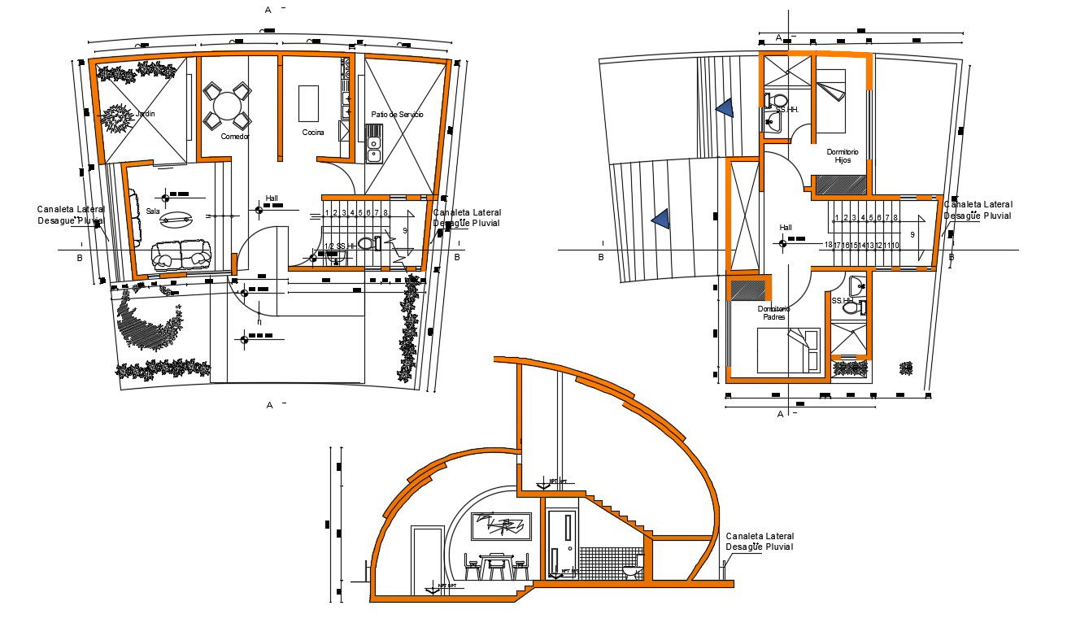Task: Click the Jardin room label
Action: (144, 114)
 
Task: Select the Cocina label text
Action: (313, 133)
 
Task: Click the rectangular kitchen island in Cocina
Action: (308, 102)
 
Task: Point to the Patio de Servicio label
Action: (397, 115)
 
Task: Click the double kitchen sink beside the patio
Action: (373, 149)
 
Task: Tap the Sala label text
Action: (153, 211)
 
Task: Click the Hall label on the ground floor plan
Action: (272, 198)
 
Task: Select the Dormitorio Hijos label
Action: (843, 156)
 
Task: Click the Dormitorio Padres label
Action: (773, 313)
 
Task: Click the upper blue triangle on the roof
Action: (725, 108)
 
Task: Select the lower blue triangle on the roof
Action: (660, 218)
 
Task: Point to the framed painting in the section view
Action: (502, 527)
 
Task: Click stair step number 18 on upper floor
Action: (828, 245)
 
